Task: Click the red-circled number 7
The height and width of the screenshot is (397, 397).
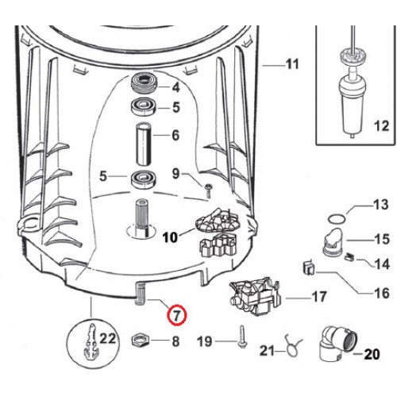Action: [x=176, y=315]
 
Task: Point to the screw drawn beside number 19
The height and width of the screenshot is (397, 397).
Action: [x=240, y=342]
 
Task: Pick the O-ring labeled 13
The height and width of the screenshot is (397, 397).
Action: [x=337, y=215]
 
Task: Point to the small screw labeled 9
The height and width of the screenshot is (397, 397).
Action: [x=206, y=189]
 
